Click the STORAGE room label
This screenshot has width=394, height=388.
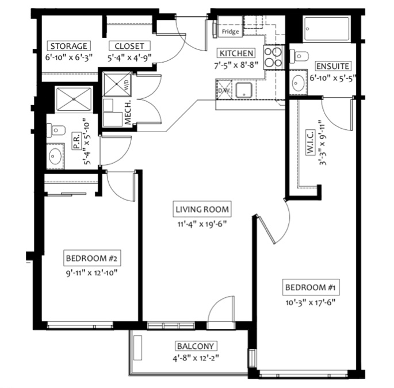(x=69, y=46)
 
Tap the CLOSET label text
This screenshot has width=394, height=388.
(x=129, y=46)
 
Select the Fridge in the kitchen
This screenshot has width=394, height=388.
(x=230, y=26)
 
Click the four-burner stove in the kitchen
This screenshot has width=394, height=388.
(x=274, y=57)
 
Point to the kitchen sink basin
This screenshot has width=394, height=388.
(x=243, y=90)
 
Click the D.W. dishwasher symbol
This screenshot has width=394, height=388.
(x=224, y=90)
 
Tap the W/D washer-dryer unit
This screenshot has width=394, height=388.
(x=117, y=84)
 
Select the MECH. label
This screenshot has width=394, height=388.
(x=128, y=113)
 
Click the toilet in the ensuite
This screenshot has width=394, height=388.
(x=299, y=55)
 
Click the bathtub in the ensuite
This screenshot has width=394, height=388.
(x=326, y=29)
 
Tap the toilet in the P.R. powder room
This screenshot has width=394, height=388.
(x=56, y=130)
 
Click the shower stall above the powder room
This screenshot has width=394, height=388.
(x=74, y=99)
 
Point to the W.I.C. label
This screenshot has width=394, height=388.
(x=311, y=143)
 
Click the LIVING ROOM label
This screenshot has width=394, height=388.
(x=202, y=209)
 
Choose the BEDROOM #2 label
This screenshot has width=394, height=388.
(x=92, y=258)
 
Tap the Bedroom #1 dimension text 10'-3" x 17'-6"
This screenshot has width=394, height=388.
(x=311, y=302)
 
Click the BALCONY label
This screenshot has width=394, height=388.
(x=196, y=346)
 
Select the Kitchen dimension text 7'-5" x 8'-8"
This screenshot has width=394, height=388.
(x=236, y=66)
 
